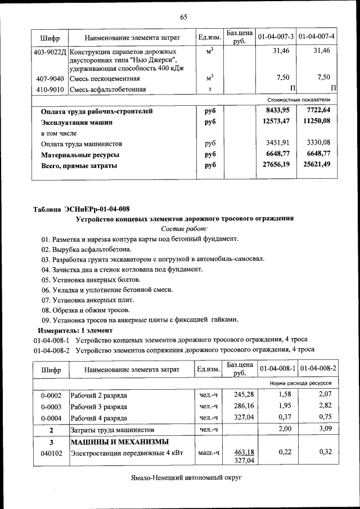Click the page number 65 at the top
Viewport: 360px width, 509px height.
(183, 17)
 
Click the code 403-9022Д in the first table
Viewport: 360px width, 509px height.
(50, 51)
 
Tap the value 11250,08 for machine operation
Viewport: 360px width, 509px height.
(316, 121)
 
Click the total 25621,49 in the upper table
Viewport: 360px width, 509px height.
(316, 165)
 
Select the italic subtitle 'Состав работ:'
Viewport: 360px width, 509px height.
(184, 229)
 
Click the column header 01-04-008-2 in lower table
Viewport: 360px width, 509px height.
(318, 369)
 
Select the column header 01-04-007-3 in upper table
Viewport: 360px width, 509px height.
(276, 37)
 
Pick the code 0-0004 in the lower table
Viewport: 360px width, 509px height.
(51, 418)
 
